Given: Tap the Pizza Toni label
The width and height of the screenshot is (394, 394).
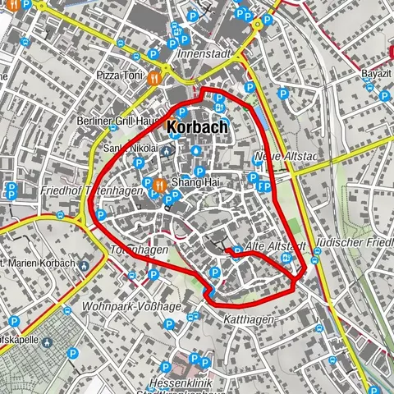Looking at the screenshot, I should pyautogui.click(x=119, y=75).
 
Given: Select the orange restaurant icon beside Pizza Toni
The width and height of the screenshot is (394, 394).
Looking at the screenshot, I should pyautogui.click(x=154, y=77).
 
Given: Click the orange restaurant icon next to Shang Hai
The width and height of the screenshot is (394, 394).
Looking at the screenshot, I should pyautogui.click(x=160, y=183).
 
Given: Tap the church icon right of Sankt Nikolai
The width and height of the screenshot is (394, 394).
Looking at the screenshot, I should pyautogui.click(x=167, y=149).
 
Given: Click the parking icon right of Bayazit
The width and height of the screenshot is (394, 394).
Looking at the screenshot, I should pyautogui.click(x=383, y=95).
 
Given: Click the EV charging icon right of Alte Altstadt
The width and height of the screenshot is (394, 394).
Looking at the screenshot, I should pyautogui.click(x=286, y=258).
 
